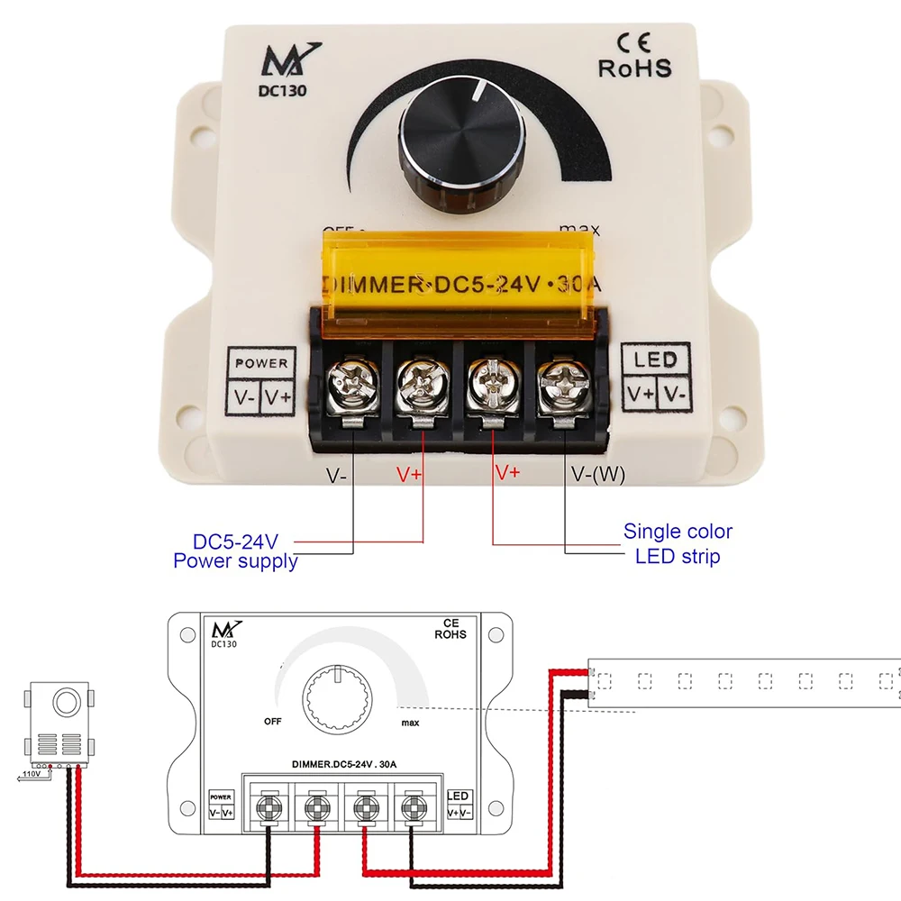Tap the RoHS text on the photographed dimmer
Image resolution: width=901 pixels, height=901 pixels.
coord(634,68)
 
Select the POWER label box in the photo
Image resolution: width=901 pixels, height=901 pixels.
coord(261,363)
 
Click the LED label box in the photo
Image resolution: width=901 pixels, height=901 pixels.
coord(656,360)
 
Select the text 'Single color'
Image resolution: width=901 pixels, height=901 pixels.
coord(678,532)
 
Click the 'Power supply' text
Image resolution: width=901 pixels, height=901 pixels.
coord(235,561)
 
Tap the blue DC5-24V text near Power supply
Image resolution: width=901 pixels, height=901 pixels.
coord(236,542)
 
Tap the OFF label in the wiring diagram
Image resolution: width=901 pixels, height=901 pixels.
coord(274,721)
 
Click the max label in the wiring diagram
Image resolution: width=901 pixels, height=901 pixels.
coord(410,723)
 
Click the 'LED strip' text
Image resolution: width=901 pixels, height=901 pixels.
coord(678,556)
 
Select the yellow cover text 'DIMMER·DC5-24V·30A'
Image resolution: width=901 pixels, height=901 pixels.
coord(460,285)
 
